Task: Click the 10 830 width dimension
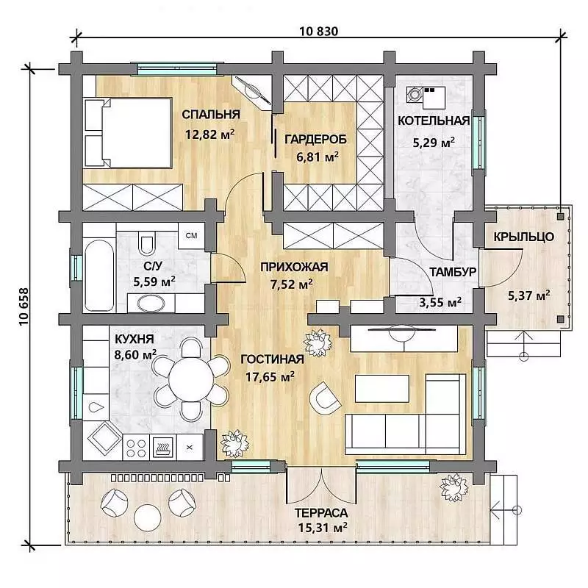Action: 318,31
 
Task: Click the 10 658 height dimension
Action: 24,306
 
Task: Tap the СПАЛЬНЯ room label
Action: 211,115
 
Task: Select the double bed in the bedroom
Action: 128,132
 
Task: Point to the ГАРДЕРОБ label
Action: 316,140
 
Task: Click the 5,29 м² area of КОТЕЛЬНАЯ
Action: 434,143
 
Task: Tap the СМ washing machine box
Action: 191,235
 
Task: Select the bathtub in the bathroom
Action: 99,276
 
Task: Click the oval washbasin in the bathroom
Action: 151,304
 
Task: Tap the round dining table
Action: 191,379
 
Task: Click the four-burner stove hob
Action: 136,448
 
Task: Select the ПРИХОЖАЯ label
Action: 294,267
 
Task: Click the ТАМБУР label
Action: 453,272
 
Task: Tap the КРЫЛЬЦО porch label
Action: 523,237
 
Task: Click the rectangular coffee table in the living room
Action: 381,389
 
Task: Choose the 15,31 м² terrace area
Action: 323,528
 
